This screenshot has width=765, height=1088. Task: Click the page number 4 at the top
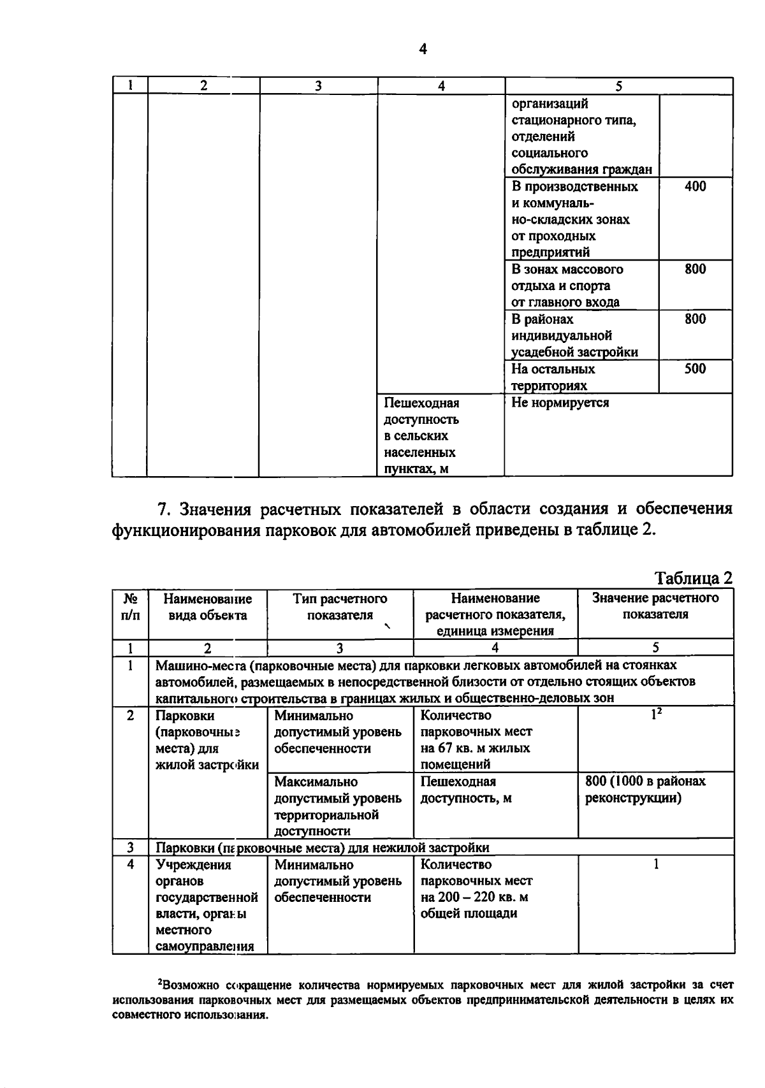[x=423, y=49]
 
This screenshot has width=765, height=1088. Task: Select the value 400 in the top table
[x=695, y=186]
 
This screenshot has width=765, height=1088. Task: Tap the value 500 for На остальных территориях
[x=695, y=368]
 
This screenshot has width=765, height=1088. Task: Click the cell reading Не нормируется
[x=560, y=403]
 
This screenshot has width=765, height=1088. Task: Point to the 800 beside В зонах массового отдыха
[x=695, y=269]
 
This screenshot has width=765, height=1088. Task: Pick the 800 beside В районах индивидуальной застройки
[x=695, y=319]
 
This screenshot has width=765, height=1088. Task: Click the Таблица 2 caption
[x=694, y=577]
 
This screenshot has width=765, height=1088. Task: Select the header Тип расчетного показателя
[x=340, y=607]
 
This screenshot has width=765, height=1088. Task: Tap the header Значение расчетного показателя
[x=655, y=606]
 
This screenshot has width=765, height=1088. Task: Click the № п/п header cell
[x=130, y=607]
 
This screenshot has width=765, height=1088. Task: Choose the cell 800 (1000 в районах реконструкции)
[x=645, y=789]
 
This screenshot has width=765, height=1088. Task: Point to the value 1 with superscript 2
[x=655, y=715]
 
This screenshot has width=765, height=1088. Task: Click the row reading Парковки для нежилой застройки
[x=323, y=848]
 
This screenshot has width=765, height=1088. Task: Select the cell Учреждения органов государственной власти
[x=207, y=905]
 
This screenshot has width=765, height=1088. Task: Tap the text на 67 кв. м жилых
[x=475, y=748]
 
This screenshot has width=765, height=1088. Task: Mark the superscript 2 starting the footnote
[x=159, y=981]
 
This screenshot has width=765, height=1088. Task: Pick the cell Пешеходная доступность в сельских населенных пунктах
[x=421, y=436]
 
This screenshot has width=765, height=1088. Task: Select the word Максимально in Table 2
[x=316, y=781]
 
